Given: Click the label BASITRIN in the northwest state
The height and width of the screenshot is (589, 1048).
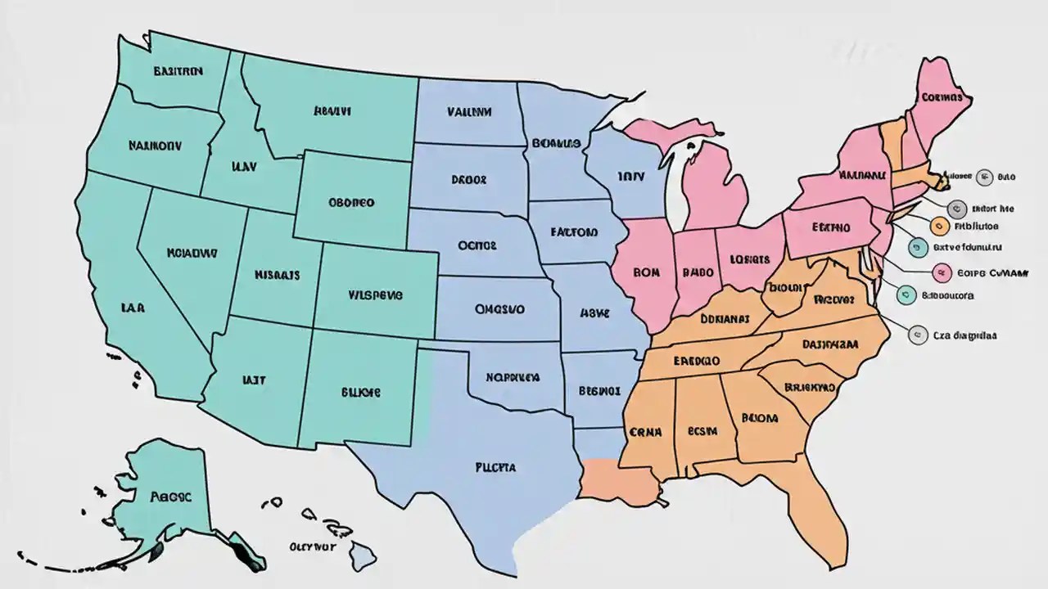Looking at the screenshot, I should (177, 70).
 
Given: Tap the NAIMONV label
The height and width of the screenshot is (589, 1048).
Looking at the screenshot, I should (155, 146).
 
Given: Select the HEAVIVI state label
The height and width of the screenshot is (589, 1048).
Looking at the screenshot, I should (332, 110).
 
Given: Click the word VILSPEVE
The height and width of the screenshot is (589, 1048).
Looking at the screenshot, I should (375, 296).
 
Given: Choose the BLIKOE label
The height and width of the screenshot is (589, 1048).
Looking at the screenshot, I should (360, 392).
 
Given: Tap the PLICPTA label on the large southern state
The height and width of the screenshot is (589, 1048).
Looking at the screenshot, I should (495, 468).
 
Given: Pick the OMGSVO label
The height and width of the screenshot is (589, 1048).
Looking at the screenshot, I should (499, 310).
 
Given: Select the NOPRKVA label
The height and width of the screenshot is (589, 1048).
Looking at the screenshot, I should (513, 377).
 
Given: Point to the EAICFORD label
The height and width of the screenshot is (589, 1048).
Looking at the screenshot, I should (574, 232).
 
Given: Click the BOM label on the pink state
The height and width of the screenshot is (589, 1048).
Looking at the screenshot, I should (647, 272).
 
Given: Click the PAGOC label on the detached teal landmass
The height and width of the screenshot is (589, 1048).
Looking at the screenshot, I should (171, 496).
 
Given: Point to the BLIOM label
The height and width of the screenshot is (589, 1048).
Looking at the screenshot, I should (759, 417).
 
